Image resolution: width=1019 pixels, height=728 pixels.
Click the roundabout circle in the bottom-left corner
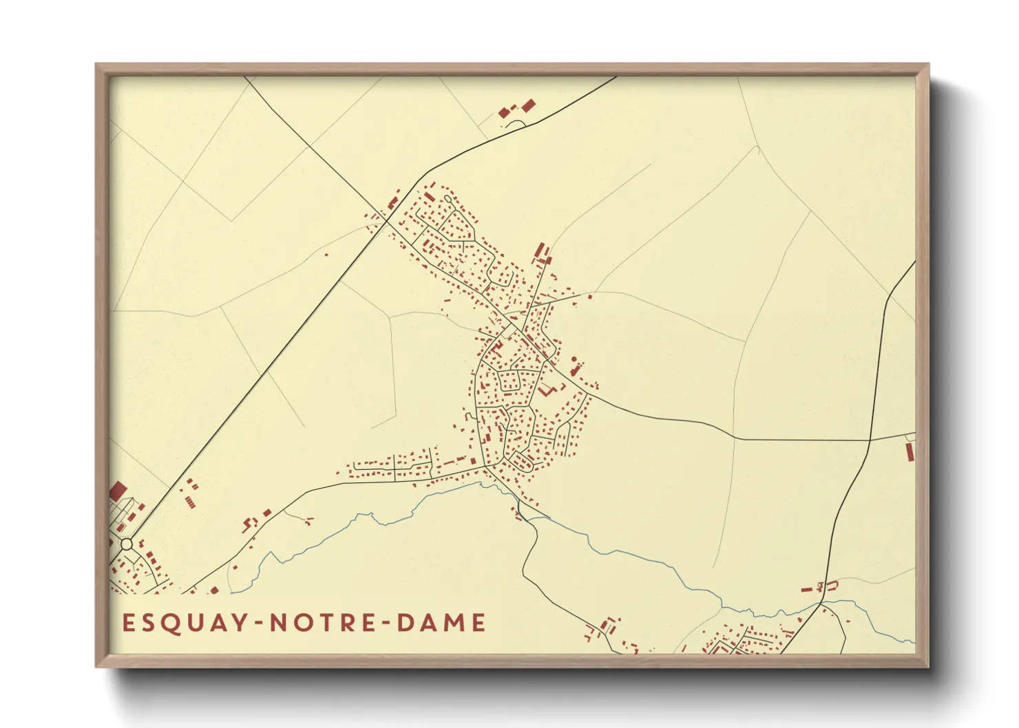coord(127,544)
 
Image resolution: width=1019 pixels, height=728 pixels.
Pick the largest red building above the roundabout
coord(118,491)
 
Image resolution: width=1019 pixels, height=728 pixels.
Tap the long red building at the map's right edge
coord(910,451)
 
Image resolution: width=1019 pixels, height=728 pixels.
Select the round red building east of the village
coord(574,359)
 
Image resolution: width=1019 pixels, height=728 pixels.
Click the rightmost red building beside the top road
coord(528,105)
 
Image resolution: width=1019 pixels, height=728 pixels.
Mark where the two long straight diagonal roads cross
coord(383,220)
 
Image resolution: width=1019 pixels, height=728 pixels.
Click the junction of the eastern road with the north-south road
coord(870,439)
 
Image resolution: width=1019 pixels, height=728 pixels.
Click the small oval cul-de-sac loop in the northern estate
coord(448,200)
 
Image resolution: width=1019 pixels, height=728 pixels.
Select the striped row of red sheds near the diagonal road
coord(189,502)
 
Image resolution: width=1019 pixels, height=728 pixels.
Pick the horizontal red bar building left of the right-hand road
coord(807,590)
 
